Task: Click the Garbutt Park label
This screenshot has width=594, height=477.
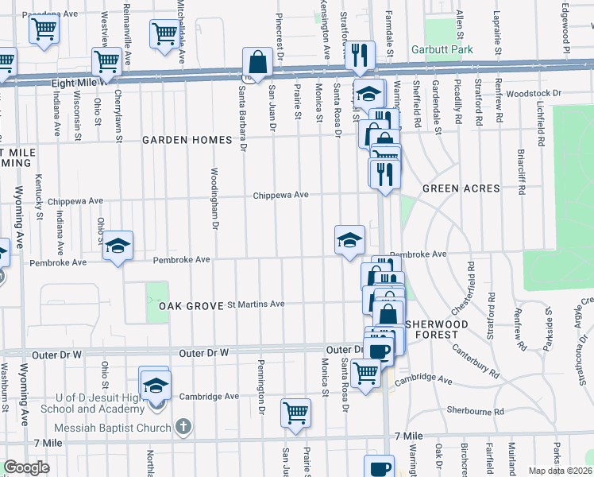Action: tap(442, 49)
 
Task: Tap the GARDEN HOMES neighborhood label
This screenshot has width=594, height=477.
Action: tap(187, 140)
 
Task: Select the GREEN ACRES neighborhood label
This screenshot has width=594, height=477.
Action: tap(461, 188)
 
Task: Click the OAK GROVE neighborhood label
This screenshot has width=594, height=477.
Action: tap(188, 306)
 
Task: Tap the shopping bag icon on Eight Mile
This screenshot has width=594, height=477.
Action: tap(258, 61)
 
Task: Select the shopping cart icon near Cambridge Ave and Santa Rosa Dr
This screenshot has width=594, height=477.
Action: tap(365, 371)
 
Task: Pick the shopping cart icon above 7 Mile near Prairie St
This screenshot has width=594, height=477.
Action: tap(295, 412)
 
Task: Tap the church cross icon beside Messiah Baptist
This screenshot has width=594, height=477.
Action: tap(184, 428)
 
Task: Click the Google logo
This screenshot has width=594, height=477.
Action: tap(26, 467)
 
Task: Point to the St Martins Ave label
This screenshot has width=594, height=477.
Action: tap(256, 304)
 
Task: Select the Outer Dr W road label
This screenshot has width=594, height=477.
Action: tap(203, 351)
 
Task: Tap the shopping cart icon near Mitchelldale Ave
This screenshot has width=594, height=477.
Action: tap(164, 34)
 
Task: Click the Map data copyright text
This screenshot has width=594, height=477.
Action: tap(560, 471)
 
